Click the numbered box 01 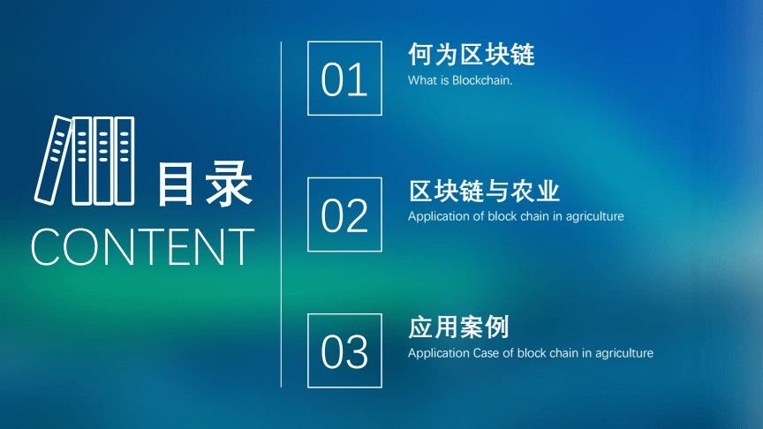coord(344,79)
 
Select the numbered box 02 coord(344,214)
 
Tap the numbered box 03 coord(344,350)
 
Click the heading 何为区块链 coord(472,55)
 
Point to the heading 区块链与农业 coord(484,191)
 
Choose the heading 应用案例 coord(458,327)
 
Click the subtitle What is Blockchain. coord(460,80)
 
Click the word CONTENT coord(142,247)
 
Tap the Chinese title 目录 coord(205,184)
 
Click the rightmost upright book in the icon coord(125,161)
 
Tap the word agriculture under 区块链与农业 coord(594,217)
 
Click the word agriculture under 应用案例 coord(623,354)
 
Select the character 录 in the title coord(229,184)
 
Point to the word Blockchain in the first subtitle coord(482,80)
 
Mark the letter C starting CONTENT coord(48,247)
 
